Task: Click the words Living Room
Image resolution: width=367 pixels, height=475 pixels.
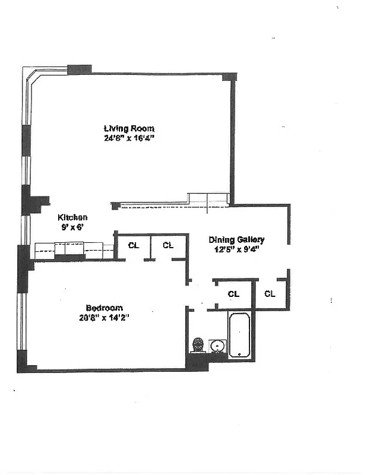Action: [129, 129]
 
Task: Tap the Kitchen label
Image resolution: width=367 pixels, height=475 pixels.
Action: [72, 218]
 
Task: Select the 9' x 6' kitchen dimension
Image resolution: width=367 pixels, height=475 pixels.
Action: [72, 227]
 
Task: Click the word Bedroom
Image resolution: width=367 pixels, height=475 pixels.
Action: [104, 308]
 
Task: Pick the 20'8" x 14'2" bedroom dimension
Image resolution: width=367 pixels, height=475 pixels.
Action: [104, 317]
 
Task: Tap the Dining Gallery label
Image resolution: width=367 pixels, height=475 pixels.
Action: [236, 240]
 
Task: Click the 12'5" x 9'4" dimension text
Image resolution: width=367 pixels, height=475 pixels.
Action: [236, 249]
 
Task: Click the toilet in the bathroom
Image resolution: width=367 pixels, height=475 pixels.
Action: [198, 345]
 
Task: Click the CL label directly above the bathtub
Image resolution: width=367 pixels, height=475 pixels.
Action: [233, 294]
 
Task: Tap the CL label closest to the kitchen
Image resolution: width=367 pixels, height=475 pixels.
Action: [134, 245]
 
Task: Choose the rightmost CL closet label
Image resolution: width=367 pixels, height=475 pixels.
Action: [270, 294]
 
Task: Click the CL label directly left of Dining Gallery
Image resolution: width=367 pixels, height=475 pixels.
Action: [168, 245]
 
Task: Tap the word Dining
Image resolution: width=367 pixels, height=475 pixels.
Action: [220, 240]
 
